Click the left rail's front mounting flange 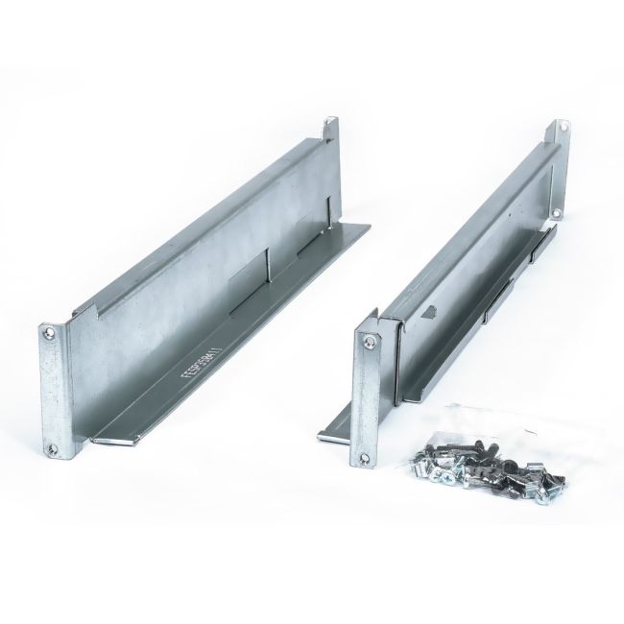point(54,389)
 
